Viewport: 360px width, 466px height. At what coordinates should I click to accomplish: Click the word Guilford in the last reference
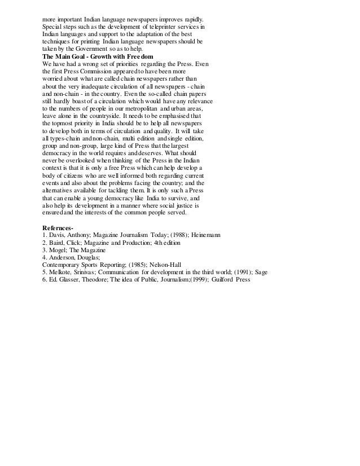(222, 279)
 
